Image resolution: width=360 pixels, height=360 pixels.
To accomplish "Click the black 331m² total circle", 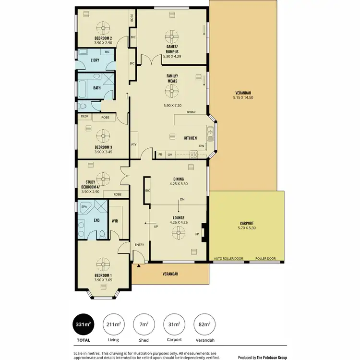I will [83, 325].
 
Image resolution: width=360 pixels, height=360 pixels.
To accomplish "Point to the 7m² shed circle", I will [143, 325].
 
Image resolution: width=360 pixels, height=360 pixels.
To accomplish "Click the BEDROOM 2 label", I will [103, 38].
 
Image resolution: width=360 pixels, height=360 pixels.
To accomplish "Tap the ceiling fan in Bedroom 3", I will [103, 134].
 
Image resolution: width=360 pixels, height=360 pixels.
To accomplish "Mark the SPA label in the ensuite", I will [84, 206].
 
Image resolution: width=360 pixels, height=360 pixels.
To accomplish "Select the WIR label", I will [115, 221].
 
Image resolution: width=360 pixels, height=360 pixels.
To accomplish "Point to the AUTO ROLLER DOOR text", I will [228, 259].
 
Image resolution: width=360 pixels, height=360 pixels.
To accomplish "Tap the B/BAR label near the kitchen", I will [192, 112].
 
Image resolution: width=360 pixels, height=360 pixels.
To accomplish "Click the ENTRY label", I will [139, 245].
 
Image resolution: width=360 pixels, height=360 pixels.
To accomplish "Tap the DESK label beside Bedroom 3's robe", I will [84, 116].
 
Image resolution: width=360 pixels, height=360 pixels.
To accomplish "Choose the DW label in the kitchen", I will [202, 146].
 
